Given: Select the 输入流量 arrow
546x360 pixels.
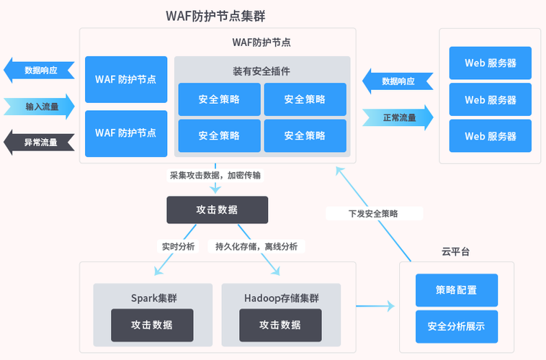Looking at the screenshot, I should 40,107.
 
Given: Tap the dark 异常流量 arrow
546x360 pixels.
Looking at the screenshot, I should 40,143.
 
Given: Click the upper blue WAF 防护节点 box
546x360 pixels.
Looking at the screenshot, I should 126,79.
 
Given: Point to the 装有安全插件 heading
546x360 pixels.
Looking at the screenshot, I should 261,71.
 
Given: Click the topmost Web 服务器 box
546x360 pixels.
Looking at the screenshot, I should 490,63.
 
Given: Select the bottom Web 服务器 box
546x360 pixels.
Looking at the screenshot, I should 490,136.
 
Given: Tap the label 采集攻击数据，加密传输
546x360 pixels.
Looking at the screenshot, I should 215,175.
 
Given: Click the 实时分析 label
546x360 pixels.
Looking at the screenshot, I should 176,246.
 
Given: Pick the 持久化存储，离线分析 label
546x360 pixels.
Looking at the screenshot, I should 256,246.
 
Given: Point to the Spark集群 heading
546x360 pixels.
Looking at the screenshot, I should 152,297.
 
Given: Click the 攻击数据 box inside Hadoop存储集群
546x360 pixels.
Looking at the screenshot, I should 280,325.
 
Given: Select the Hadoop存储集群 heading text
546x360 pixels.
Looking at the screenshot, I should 281,297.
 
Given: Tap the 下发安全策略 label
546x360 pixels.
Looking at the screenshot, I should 373,214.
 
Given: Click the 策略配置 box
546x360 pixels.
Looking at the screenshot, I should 456,290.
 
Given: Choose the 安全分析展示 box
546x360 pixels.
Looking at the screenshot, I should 456,326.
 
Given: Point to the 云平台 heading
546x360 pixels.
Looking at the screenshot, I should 456,252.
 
